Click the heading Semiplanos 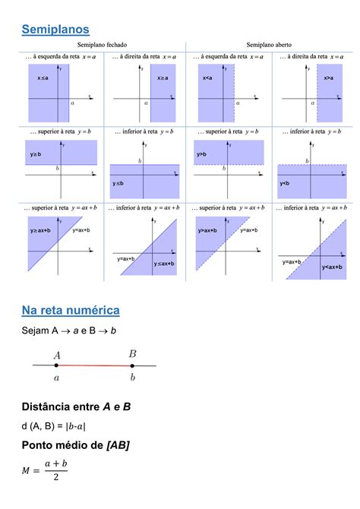point(55,29)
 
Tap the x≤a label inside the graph point(43,78)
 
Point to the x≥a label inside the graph point(163,78)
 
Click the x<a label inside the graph point(207,78)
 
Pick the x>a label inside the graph point(329,78)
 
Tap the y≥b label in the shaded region point(37,154)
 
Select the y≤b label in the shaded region point(119,183)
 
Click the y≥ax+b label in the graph point(40,229)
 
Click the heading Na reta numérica point(71,310)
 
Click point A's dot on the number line point(57,365)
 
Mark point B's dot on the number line point(132,365)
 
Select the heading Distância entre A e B point(76,407)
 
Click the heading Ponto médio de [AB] point(75,445)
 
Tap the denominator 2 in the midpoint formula point(54,478)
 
